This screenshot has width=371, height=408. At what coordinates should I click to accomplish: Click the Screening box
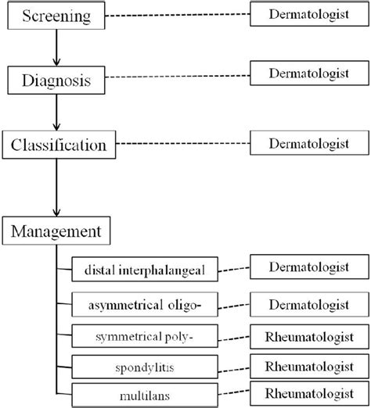[55, 15]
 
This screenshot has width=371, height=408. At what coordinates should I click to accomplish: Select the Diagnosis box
[55, 79]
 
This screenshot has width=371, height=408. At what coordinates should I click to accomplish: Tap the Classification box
[59, 145]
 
